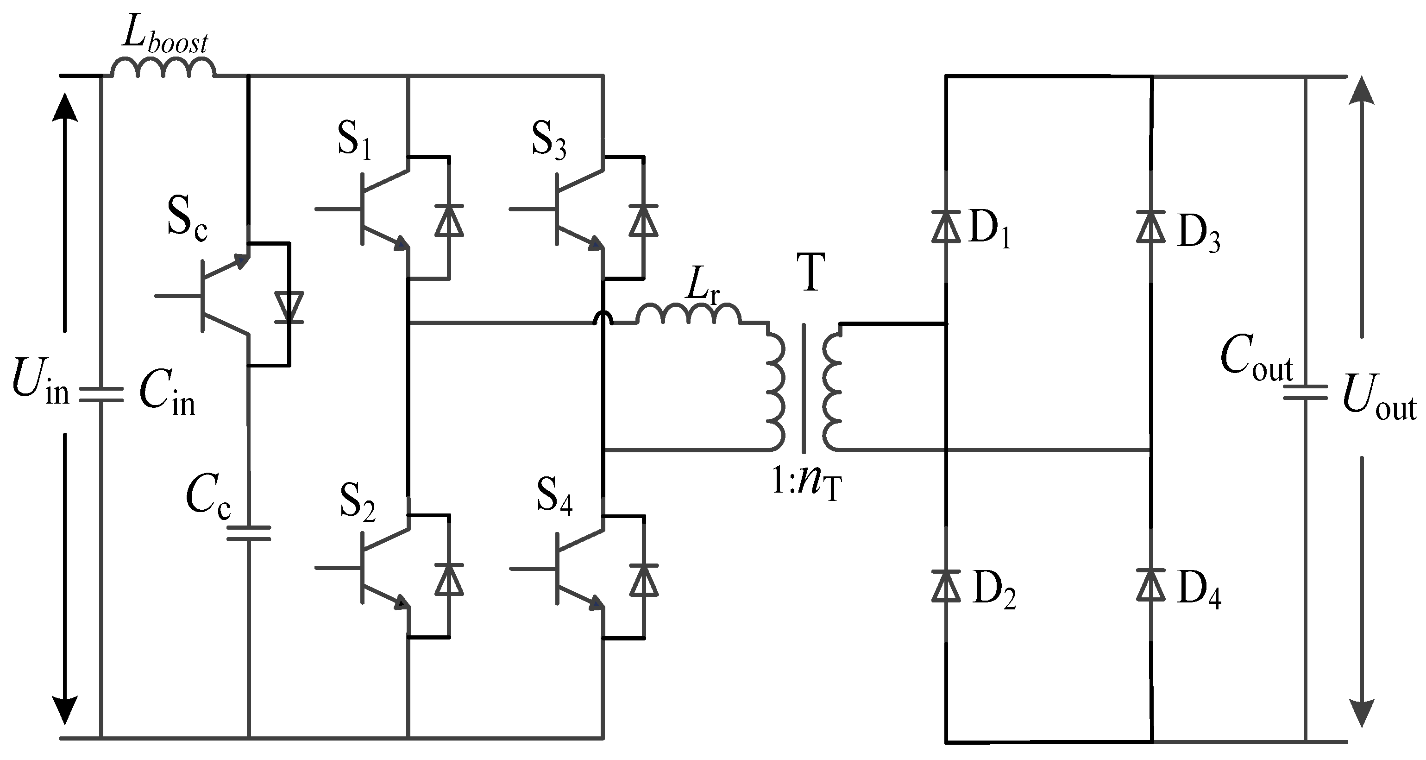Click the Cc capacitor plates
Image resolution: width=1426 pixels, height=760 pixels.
pyautogui.click(x=249, y=533)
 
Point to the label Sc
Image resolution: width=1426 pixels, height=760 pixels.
pyautogui.click(x=187, y=220)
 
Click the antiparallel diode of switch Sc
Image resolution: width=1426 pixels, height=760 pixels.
pyautogui.click(x=289, y=307)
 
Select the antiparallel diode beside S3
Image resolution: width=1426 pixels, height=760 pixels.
pyautogui.click(x=643, y=221)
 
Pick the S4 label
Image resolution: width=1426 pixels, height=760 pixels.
pyautogui.click(x=554, y=497)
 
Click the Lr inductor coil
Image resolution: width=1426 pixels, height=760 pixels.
pyautogui.click(x=688, y=314)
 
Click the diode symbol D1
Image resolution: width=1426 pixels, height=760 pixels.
pyautogui.click(x=946, y=227)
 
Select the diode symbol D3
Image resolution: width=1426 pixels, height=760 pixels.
pyautogui.click(x=1151, y=227)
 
